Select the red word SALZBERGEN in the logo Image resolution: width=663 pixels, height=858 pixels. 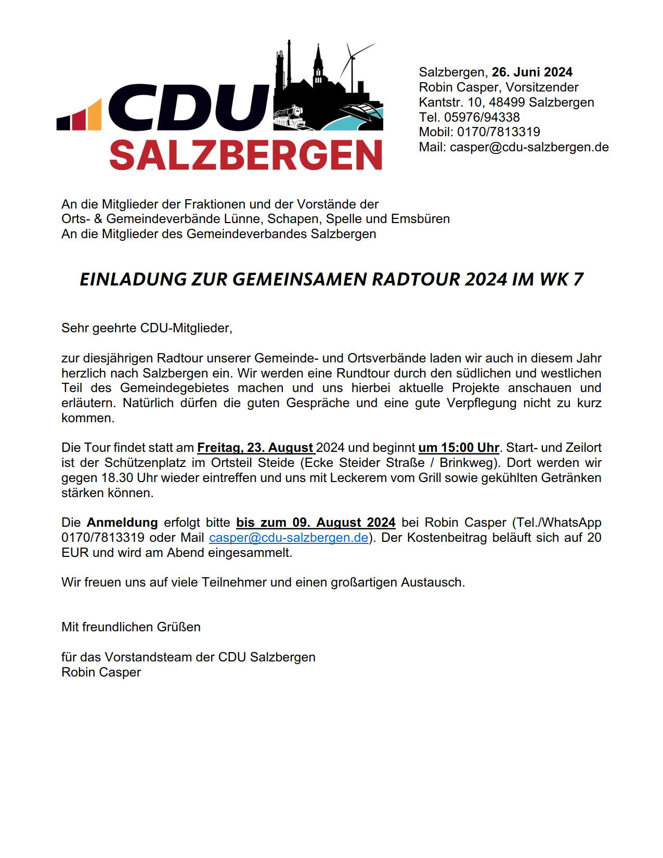pyautogui.click(x=246, y=154)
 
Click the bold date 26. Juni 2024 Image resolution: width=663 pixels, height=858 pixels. pyautogui.click(x=532, y=72)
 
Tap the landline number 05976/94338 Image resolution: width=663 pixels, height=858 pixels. pyautogui.click(x=482, y=118)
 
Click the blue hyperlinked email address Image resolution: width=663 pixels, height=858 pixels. pyautogui.click(x=289, y=538)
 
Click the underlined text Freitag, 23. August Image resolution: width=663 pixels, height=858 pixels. pyautogui.click(x=255, y=448)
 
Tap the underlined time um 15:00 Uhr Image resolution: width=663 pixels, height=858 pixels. pyautogui.click(x=459, y=448)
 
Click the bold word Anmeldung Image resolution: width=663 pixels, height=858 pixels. pyautogui.click(x=122, y=523)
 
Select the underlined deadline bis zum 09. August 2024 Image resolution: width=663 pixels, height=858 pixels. pyautogui.click(x=316, y=523)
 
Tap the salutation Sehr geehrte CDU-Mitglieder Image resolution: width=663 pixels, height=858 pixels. pyautogui.click(x=147, y=328)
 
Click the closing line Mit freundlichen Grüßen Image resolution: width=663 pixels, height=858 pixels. pyautogui.click(x=131, y=627)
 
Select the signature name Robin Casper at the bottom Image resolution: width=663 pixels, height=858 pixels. pyautogui.click(x=101, y=672)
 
